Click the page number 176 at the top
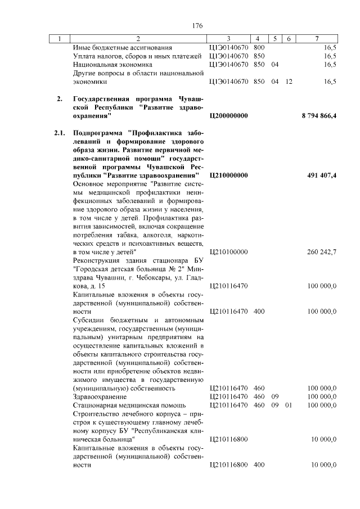click(x=197, y=26)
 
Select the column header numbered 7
click(x=318, y=38)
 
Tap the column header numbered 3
click(x=228, y=38)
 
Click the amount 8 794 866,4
click(x=319, y=116)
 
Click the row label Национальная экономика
click(x=112, y=65)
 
